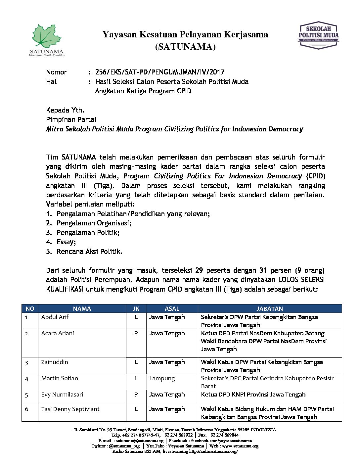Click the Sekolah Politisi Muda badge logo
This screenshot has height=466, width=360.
tap(318, 36)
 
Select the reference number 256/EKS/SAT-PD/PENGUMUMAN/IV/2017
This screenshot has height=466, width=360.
tap(160, 72)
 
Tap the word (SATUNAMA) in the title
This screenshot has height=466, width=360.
tap(185, 47)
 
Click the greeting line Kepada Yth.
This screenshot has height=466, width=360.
tap(65, 110)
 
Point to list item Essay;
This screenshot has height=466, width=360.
tap(66, 242)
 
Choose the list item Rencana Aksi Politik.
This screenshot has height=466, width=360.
tap(89, 252)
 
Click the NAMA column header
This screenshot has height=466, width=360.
tap(82, 309)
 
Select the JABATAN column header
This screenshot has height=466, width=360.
tap(269, 309)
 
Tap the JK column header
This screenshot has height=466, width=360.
tap(136, 309)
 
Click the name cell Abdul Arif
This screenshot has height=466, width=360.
tap(55, 317)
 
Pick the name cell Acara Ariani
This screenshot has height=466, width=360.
tap(58, 333)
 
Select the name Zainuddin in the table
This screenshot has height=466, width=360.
tap(55, 362)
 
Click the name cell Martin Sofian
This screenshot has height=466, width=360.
tap(60, 378)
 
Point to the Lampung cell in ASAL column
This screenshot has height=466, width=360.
tap(162, 378)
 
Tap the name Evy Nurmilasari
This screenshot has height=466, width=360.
tap(62, 395)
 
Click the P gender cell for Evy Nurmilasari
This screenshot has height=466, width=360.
tap(136, 395)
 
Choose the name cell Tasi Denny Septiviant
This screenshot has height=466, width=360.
tap(70, 409)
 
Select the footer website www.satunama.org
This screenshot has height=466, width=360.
tap(240, 446)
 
